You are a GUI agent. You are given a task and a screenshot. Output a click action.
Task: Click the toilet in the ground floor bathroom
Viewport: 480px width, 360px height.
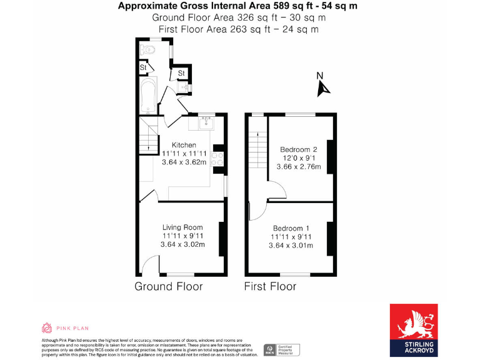(149, 49)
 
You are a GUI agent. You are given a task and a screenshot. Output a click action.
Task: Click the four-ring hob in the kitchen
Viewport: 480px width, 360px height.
(218, 157)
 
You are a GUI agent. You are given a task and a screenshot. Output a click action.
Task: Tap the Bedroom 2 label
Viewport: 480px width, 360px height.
(299, 149)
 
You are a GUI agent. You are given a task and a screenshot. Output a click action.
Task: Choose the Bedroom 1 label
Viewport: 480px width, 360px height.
(291, 227)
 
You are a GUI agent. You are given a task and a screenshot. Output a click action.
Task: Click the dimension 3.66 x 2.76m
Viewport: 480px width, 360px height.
(299, 167)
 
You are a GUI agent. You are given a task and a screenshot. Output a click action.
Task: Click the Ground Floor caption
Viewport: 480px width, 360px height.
(169, 286)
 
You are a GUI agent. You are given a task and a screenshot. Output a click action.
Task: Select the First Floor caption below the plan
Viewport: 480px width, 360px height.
(270, 286)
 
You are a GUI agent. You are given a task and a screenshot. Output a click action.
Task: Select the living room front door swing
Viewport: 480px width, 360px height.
(147, 266)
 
